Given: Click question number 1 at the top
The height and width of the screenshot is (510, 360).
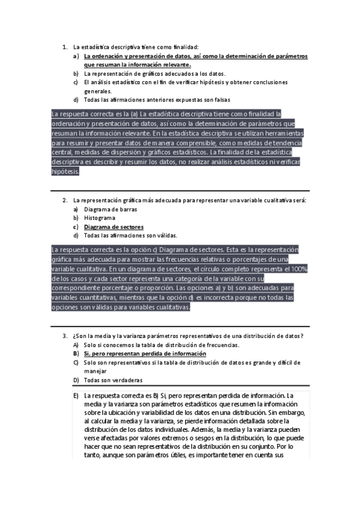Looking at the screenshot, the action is (64, 46).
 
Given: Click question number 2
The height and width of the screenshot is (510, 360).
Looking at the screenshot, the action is (64, 200).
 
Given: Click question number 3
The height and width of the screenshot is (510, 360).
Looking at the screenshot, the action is (64, 336).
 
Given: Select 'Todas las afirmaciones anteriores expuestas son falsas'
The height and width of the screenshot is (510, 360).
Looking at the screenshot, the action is (157, 100).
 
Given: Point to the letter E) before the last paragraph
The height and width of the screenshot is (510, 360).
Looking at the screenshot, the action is (76, 396).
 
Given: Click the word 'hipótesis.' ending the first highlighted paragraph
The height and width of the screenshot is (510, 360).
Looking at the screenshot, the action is (66, 171).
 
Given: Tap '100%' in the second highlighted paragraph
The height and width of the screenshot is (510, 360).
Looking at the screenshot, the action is (300, 269).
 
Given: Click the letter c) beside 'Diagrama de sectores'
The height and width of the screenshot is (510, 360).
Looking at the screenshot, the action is (76, 227).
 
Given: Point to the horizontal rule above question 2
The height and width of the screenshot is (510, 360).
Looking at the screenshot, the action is (180, 191).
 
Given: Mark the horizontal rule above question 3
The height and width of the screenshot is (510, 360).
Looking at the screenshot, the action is (180, 326).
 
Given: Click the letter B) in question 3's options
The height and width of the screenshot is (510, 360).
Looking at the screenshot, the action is (76, 354).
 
